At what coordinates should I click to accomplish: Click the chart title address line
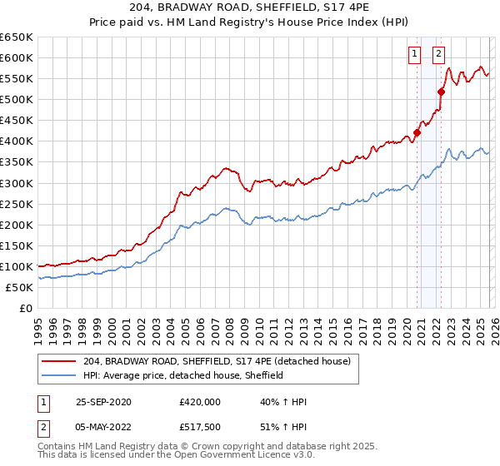pos(250,7)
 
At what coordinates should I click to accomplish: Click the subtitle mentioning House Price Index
pos(250,22)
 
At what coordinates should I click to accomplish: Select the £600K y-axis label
pos(17,57)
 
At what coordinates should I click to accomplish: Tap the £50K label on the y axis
pos(19,287)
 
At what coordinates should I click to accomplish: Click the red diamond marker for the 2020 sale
pos(417,132)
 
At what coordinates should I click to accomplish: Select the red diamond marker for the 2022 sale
pos(441,92)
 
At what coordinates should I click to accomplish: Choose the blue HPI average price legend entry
pos(183,375)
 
